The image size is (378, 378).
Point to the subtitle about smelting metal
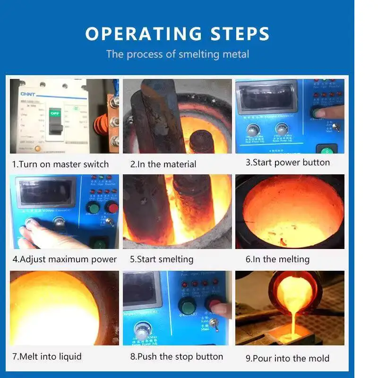click(x=177, y=54)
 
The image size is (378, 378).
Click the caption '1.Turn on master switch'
click(x=60, y=164)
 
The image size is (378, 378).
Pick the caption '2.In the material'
click(x=163, y=164)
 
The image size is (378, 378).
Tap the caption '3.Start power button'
click(x=288, y=162)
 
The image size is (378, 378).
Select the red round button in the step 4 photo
click(x=112, y=208)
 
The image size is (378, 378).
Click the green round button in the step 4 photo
click(x=93, y=208)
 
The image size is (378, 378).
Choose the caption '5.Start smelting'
click(x=162, y=259)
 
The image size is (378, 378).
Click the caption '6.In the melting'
click(x=277, y=259)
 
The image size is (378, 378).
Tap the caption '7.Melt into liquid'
click(x=47, y=356)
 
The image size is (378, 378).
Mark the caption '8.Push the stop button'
click(x=177, y=356)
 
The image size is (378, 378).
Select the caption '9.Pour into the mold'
click(x=287, y=358)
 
